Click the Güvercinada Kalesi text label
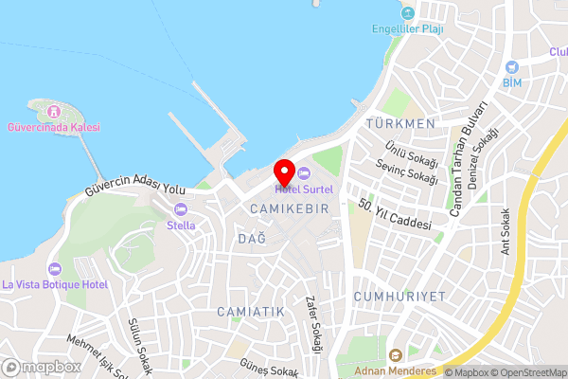click(53, 127)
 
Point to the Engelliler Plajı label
click(407, 28)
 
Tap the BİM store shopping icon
click(512, 67)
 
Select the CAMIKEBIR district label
click(290, 207)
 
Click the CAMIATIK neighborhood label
click(250, 311)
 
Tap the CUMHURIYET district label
click(399, 297)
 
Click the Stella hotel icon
click(181, 210)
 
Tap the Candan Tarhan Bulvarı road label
click(468, 159)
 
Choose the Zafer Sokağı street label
click(313, 324)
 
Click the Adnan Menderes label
click(396, 370)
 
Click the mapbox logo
click(42, 367)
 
